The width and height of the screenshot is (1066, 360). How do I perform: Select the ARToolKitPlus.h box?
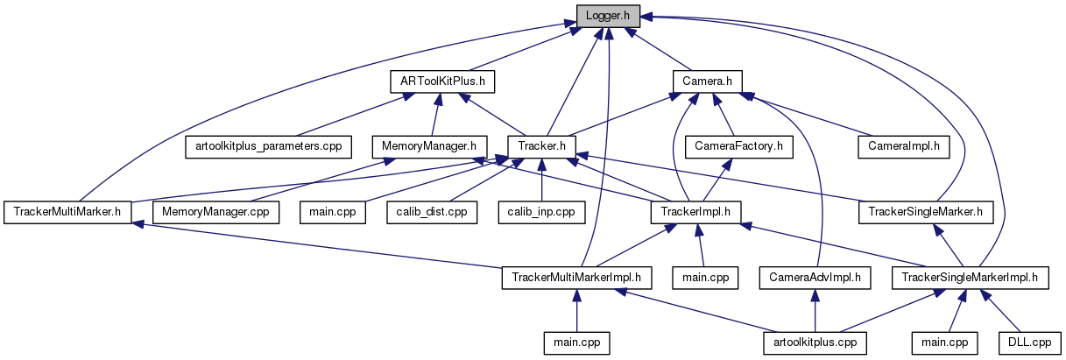[x=442, y=81]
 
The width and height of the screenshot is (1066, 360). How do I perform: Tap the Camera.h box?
[x=707, y=81]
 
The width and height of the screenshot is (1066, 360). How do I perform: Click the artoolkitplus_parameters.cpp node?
[x=268, y=145]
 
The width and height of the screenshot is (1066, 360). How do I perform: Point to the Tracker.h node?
[x=542, y=145]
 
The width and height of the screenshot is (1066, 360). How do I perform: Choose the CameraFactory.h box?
[x=739, y=145]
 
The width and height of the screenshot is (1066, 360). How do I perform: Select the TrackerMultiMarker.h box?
[x=67, y=211]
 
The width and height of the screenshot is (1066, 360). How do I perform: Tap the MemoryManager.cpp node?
[x=215, y=211]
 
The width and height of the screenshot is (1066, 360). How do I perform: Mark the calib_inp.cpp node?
[x=541, y=211]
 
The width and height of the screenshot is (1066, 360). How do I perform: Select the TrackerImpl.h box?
[x=696, y=211]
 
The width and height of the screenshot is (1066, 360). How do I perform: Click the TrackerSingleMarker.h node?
[x=931, y=211]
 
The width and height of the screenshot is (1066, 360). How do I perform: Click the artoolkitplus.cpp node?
[x=815, y=342]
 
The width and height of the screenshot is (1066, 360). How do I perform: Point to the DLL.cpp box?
[x=1028, y=342]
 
